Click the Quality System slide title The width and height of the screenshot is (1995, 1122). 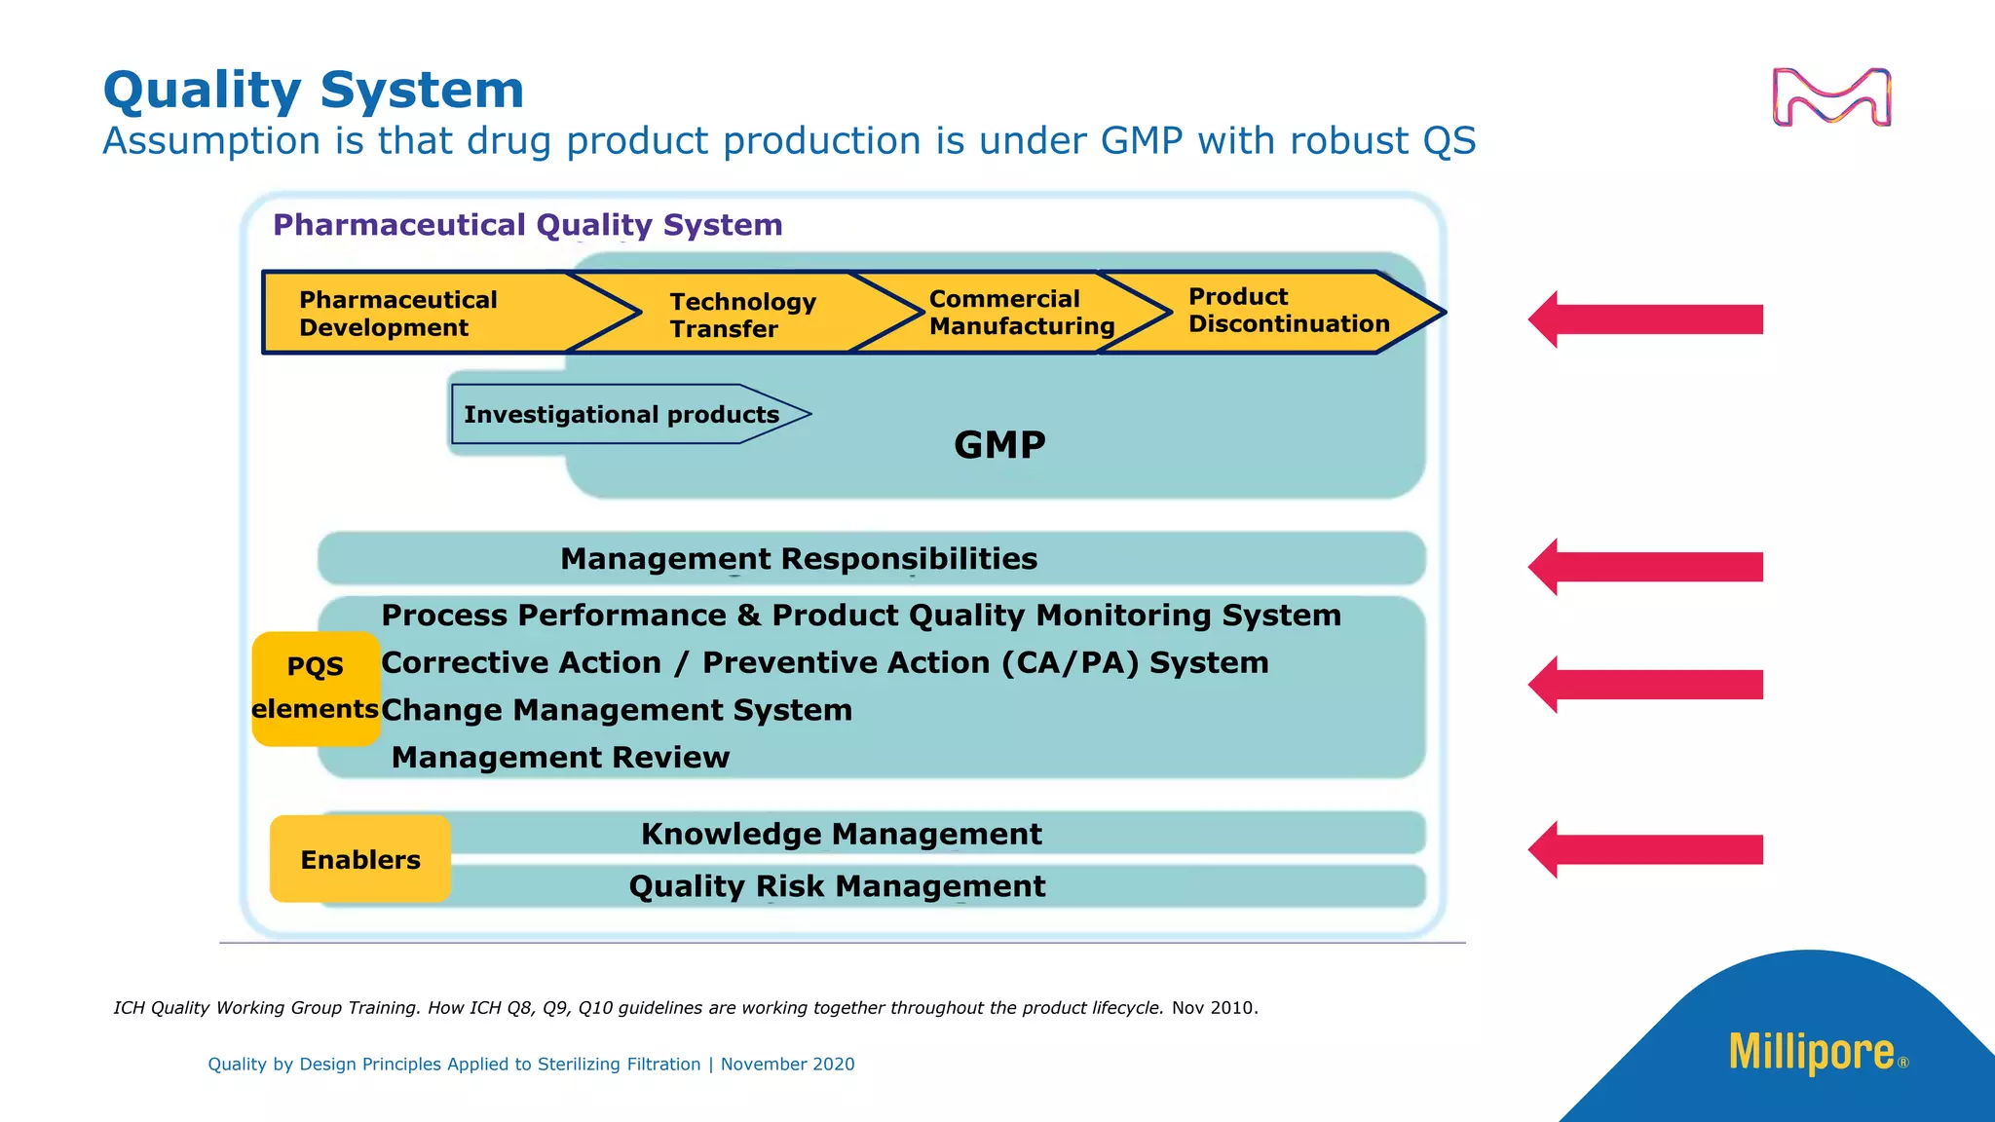click(314, 91)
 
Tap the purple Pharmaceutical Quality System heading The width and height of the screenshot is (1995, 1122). click(527, 225)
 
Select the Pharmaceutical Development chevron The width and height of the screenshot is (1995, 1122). click(409, 314)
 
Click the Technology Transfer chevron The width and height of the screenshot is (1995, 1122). click(743, 315)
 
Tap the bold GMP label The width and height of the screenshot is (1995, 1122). click(999, 445)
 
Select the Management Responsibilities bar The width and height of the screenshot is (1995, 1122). click(799, 559)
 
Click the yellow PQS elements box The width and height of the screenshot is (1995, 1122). click(316, 688)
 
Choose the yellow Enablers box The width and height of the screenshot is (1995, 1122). click(360, 859)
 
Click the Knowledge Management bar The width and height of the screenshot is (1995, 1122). click(842, 834)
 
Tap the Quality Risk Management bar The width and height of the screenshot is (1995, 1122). click(838, 886)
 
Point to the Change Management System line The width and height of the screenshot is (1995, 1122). click(617, 710)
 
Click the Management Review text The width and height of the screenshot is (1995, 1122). click(560, 758)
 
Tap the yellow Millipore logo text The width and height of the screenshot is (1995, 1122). click(1812, 1053)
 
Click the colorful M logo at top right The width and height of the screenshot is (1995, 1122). click(1831, 97)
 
